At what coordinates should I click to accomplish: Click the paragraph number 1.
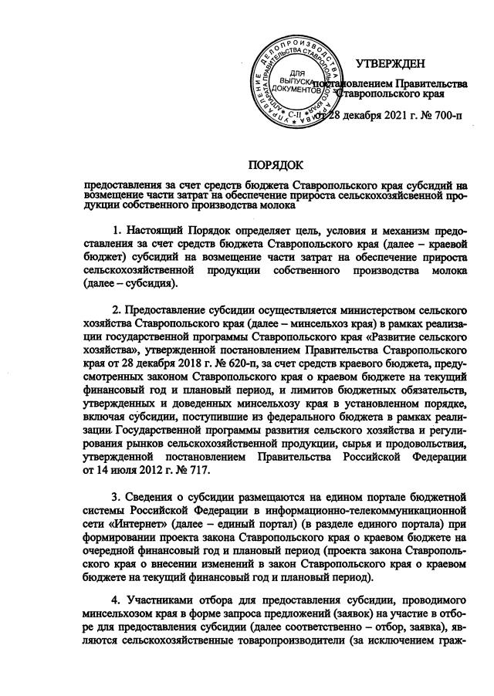(x=117, y=231)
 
